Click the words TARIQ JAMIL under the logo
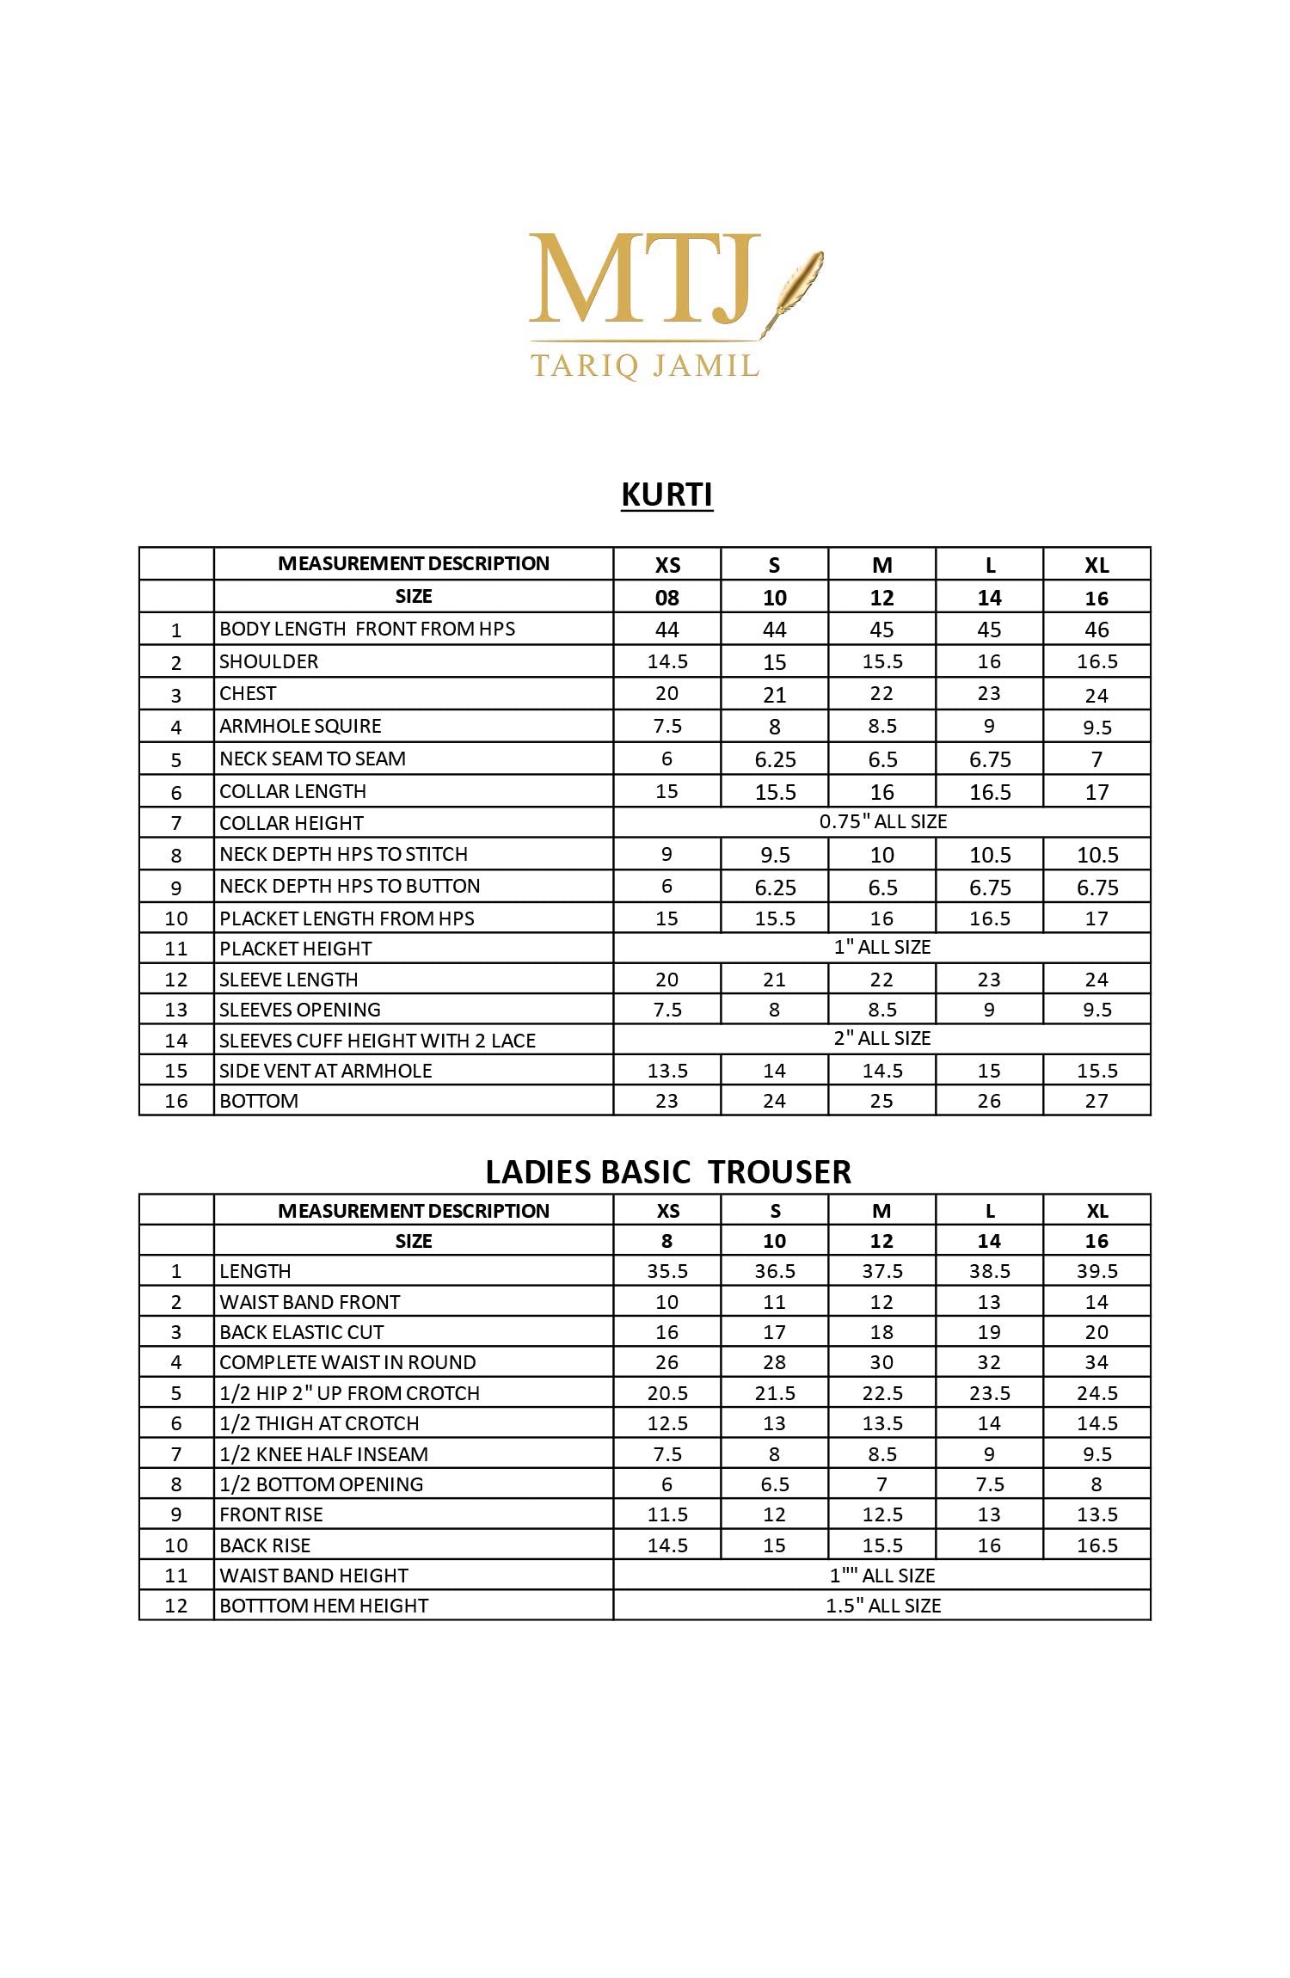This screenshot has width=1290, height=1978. (x=645, y=365)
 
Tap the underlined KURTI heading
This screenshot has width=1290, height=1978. (x=666, y=495)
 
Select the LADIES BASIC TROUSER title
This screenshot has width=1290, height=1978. (x=668, y=1172)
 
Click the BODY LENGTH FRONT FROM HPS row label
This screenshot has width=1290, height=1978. (x=367, y=629)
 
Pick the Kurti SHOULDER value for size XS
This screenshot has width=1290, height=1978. (x=667, y=661)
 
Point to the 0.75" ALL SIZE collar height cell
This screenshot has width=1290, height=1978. (x=882, y=821)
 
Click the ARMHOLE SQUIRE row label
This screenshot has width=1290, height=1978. (x=300, y=726)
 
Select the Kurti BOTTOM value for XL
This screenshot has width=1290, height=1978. (x=1096, y=1101)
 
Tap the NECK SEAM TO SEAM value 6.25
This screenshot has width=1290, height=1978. (x=775, y=759)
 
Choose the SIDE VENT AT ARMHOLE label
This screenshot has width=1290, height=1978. (x=325, y=1071)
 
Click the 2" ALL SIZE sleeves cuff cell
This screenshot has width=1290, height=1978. (x=882, y=1038)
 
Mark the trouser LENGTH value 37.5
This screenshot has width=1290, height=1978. (x=882, y=1271)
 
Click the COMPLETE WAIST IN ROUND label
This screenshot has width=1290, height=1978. (x=347, y=1362)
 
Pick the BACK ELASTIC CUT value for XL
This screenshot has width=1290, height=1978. (x=1096, y=1332)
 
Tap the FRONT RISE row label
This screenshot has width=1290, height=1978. (x=271, y=1514)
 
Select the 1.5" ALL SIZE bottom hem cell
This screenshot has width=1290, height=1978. (x=882, y=1606)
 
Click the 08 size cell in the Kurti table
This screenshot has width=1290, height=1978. (x=667, y=598)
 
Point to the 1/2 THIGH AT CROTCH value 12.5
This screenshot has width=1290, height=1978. (x=667, y=1423)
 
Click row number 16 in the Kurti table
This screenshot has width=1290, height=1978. (x=176, y=1101)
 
